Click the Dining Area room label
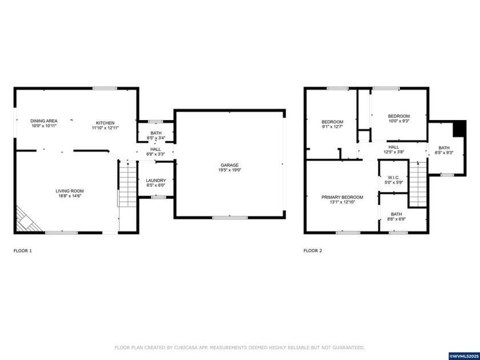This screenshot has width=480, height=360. [x=44, y=121]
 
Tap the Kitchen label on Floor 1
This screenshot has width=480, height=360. [x=105, y=123]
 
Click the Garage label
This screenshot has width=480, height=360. [x=230, y=165]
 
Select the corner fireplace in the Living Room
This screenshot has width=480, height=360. [x=27, y=220]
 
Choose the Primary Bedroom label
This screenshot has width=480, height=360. [x=342, y=197]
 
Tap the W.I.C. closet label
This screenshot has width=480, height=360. [x=394, y=177]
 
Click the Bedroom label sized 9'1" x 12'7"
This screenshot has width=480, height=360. [x=332, y=122]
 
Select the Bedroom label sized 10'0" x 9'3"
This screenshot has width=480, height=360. [x=399, y=116]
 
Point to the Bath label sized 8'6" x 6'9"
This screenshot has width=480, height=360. [x=397, y=215]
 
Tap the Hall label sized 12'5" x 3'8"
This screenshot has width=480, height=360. [x=394, y=147]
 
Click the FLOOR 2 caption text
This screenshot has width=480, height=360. [x=313, y=250]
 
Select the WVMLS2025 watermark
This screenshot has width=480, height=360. [x=463, y=356]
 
